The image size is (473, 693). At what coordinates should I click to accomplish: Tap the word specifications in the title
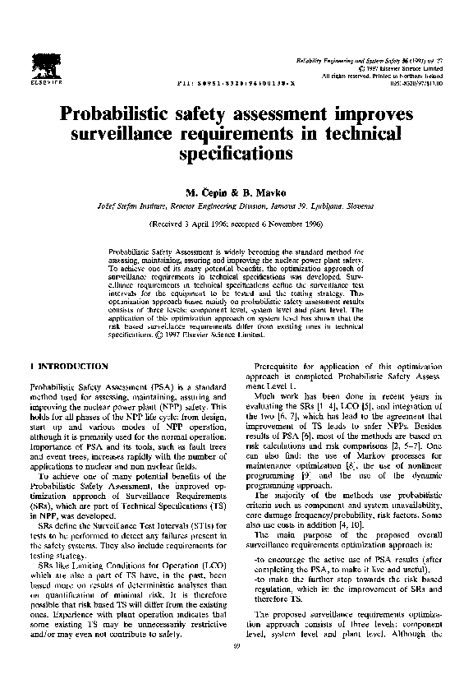coord(237,153)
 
